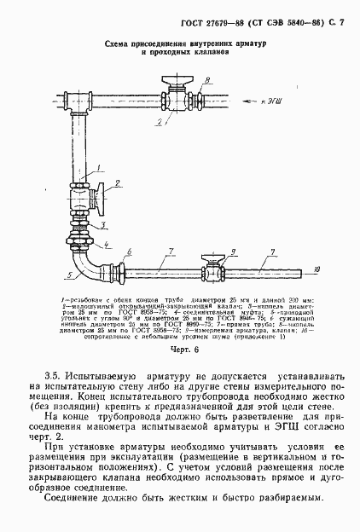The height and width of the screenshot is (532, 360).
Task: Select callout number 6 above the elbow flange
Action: click(x=129, y=252)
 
